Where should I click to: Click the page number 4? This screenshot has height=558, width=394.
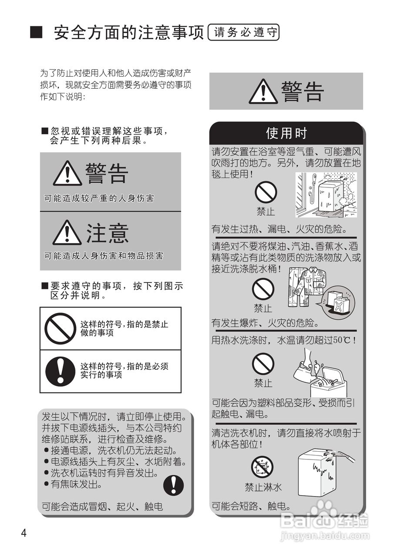pyautogui.click(x=24, y=533)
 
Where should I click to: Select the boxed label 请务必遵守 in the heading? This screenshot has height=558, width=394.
pyautogui.click(x=243, y=33)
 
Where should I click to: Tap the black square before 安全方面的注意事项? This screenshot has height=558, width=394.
pyautogui.click(x=36, y=33)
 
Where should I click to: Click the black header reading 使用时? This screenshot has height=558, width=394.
pyautogui.click(x=286, y=133)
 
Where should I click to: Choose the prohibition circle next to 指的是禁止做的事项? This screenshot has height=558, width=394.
pyautogui.click(x=60, y=328)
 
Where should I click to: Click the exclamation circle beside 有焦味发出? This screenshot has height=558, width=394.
pyautogui.click(x=174, y=485)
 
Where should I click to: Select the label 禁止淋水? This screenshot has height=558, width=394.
pyautogui.click(x=263, y=487)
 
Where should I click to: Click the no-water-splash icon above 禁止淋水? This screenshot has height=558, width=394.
pyautogui.click(x=263, y=466)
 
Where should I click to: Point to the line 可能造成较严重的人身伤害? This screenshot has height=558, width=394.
pyautogui.click(x=99, y=198)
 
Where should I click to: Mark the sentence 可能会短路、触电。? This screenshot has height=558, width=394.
pyautogui.click(x=251, y=506)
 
